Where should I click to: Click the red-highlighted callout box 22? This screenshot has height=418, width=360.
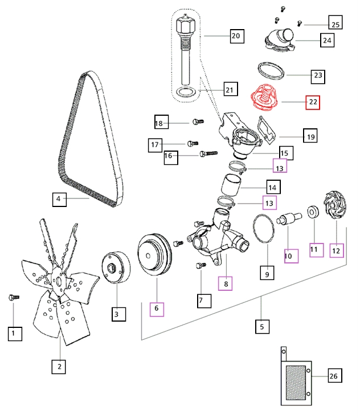click(x=313, y=103)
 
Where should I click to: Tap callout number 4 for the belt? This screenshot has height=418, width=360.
click(x=58, y=200)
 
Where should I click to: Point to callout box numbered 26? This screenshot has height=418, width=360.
click(x=334, y=376)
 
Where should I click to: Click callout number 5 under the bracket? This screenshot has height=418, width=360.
click(x=262, y=327)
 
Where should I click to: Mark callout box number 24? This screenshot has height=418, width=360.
click(x=327, y=40)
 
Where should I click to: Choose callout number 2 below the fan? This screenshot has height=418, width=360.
click(x=59, y=367)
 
